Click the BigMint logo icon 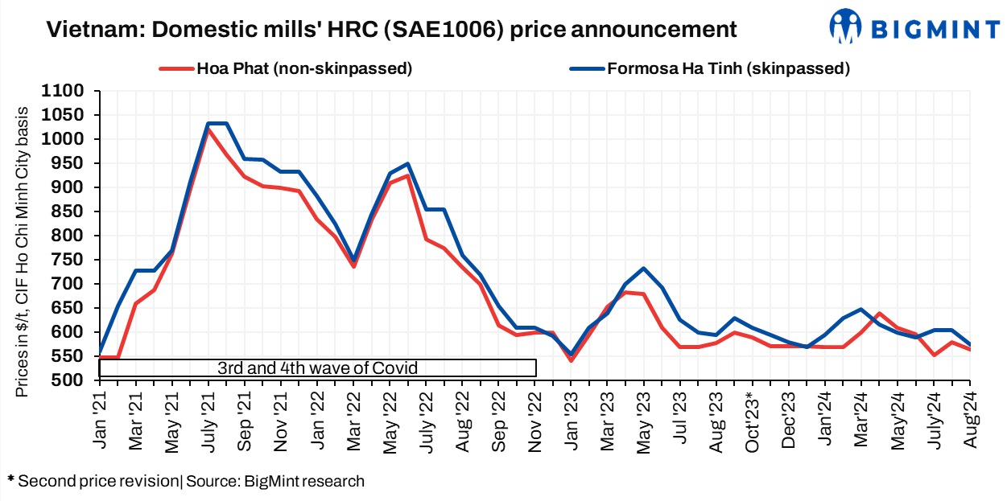(845, 27)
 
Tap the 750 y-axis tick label (71, 260)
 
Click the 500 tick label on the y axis (71, 380)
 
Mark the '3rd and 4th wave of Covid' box (317, 368)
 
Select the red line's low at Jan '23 (571, 360)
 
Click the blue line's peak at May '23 (644, 269)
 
